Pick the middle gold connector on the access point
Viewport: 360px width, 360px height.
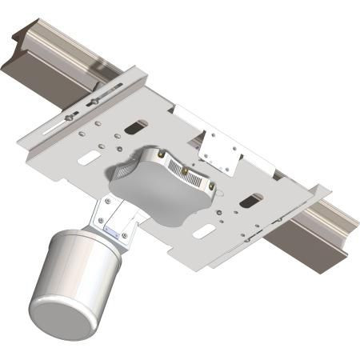tap(185, 170)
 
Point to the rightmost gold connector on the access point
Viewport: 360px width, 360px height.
tap(210, 186)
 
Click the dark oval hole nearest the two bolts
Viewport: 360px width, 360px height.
tap(137, 126)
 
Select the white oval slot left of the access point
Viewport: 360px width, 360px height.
tap(88, 158)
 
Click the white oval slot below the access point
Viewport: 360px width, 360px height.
tap(204, 233)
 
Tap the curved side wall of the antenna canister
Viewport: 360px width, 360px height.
tap(88, 272)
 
